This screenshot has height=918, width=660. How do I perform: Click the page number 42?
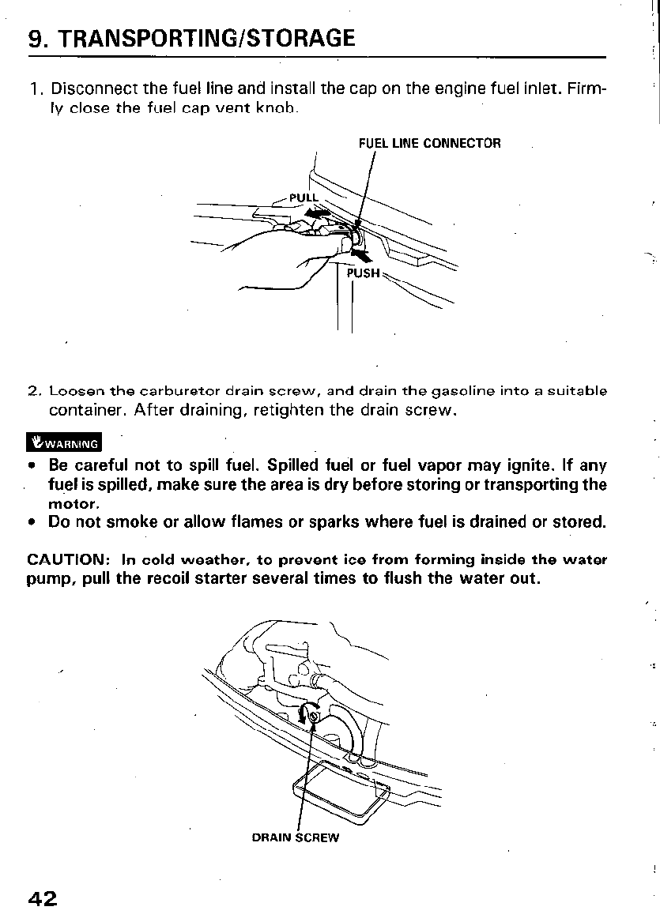pos(42,898)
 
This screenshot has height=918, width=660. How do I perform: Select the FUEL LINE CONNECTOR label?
pos(429,143)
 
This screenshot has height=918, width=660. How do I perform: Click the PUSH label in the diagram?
pos(364,273)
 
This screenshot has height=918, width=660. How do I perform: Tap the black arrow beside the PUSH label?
pos(360,254)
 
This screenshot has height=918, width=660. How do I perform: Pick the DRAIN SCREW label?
pos(295,837)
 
